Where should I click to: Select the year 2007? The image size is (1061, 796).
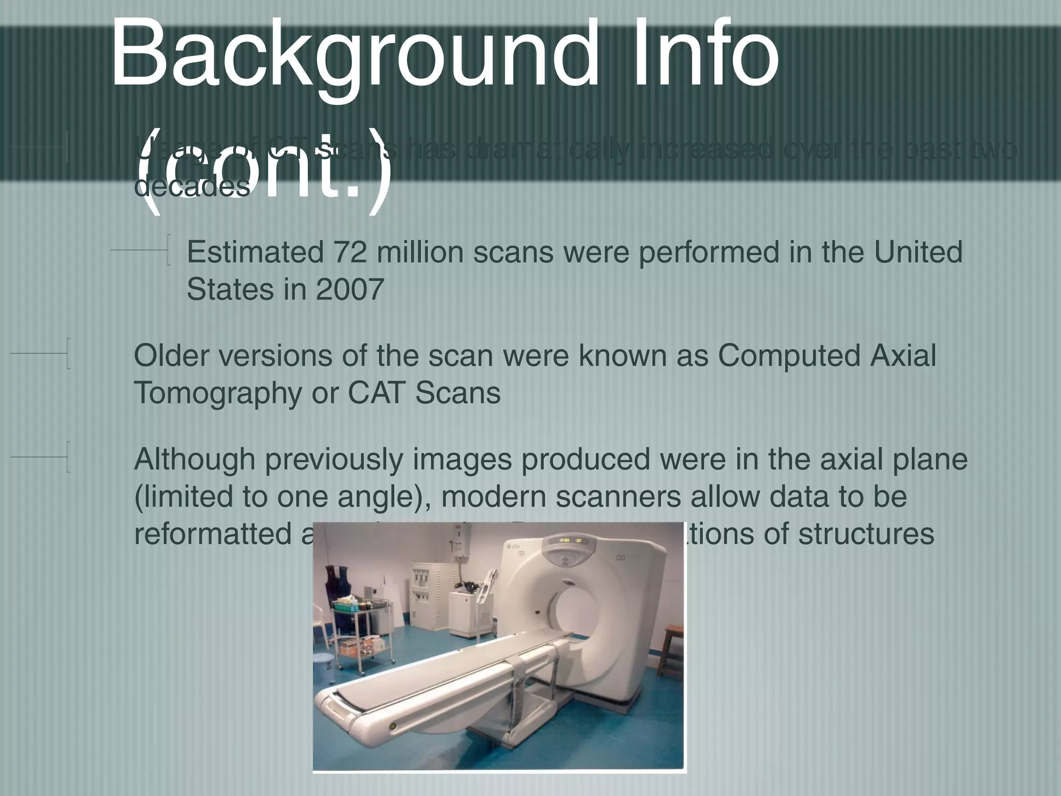tap(350, 289)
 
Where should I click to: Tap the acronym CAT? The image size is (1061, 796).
tap(377, 393)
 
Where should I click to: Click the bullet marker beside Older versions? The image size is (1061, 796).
tap(67, 353)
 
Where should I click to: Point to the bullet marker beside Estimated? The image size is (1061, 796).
tap(168, 250)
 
